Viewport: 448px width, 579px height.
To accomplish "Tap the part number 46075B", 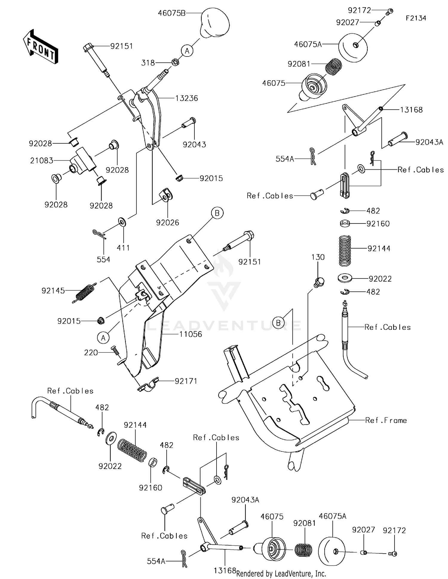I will point(171,13).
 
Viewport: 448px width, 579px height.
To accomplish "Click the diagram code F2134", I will point(416,18).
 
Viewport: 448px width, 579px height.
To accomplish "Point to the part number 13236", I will point(186,98).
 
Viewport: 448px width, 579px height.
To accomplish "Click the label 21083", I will point(42,161).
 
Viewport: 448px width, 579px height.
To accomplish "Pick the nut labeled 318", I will point(175,62).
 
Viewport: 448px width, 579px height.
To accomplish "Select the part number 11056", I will point(191,334).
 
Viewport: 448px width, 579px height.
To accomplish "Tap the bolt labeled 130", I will point(319,282).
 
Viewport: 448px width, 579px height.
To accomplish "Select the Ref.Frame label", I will point(386,421).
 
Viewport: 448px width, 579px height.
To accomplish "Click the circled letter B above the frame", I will point(278,323).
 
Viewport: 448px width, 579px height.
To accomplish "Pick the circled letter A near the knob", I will point(187,51).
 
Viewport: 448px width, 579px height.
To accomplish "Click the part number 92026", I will point(167,223).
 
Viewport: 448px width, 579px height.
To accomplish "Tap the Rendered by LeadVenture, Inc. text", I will point(281,573).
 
